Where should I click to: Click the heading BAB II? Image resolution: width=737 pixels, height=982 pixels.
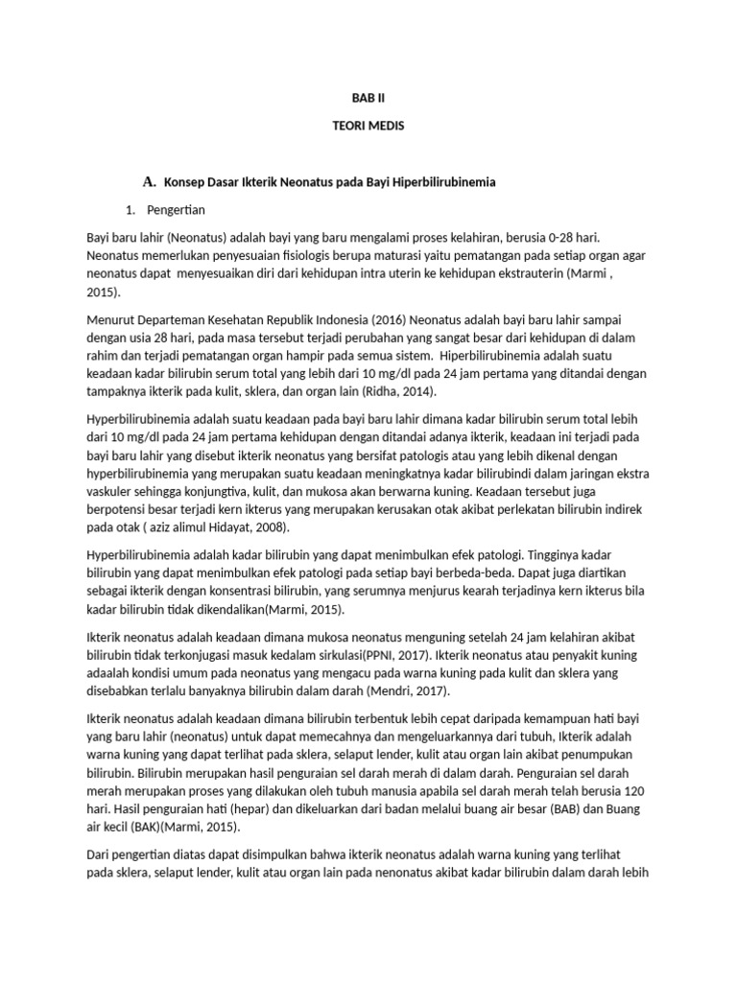pyautogui.click(x=368, y=97)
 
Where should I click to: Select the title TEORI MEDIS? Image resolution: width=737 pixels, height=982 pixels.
pyautogui.click(x=368, y=128)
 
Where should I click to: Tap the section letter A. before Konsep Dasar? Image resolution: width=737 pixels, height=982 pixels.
pyautogui.click(x=149, y=181)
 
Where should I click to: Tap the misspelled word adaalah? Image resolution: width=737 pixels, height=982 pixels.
pyautogui.click(x=108, y=673)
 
